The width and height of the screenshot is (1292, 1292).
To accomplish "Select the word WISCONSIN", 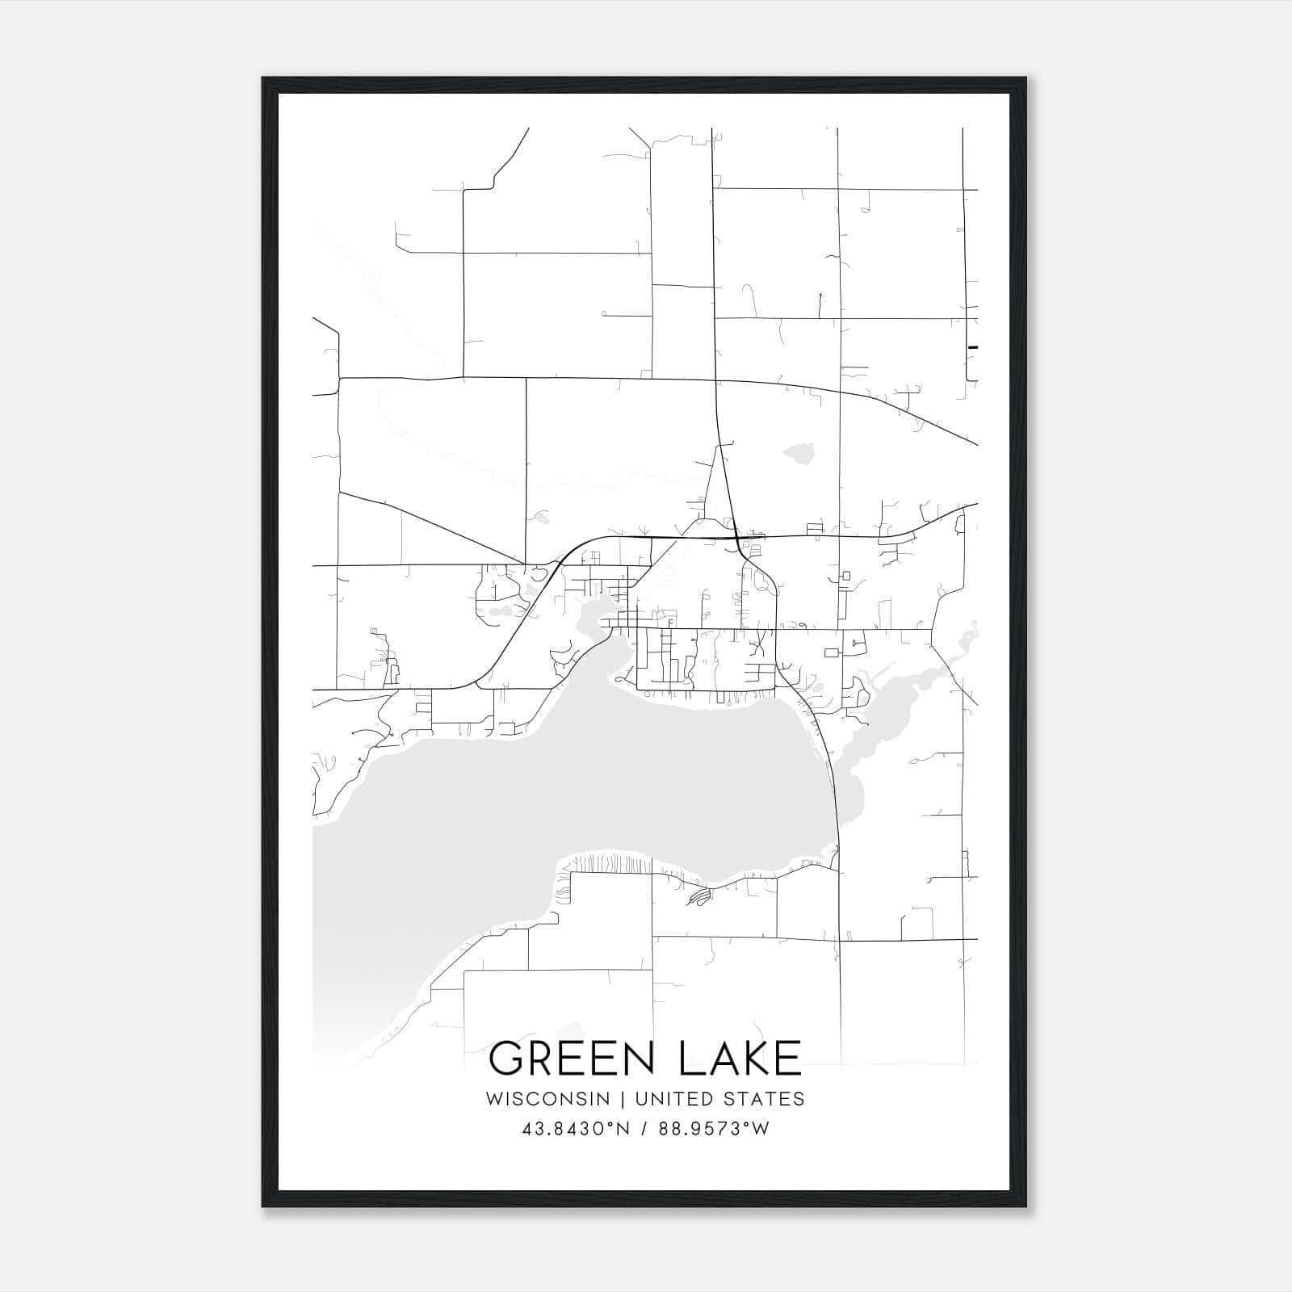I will (x=547, y=1099).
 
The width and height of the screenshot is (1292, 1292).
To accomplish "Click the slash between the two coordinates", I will (x=643, y=1129).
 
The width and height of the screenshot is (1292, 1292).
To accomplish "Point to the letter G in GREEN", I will (x=509, y=1059).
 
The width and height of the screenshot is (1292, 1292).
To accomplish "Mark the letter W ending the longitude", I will (x=761, y=1129).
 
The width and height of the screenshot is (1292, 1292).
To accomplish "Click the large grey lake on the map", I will (x=565, y=799).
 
